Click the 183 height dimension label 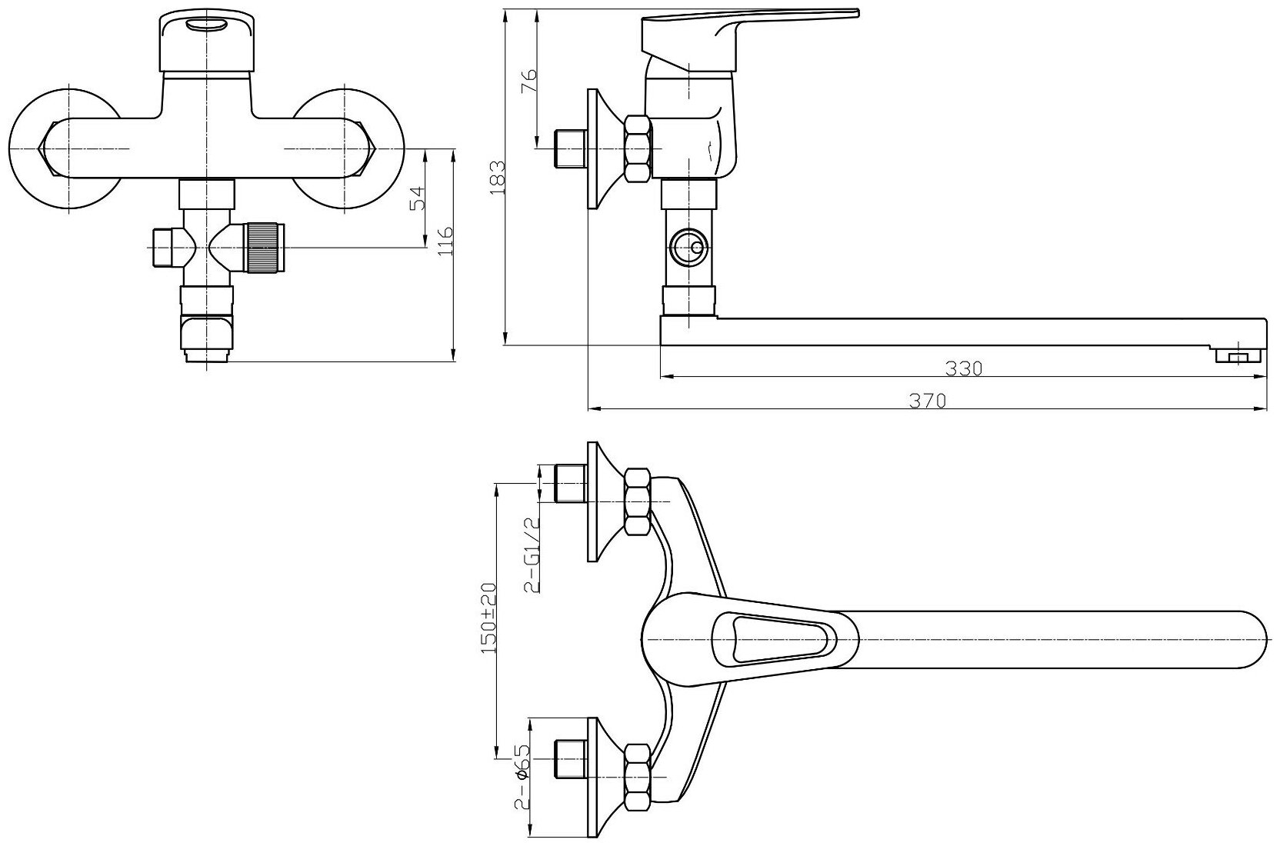(x=498, y=177)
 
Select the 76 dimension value (x=529, y=80)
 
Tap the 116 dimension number (x=445, y=241)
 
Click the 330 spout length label (x=963, y=369)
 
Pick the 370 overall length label (x=928, y=401)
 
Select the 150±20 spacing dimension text (x=489, y=618)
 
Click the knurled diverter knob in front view (x=264, y=248)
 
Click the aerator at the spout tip (x=1238, y=357)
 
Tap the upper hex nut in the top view (x=638, y=502)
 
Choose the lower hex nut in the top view (x=638, y=778)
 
